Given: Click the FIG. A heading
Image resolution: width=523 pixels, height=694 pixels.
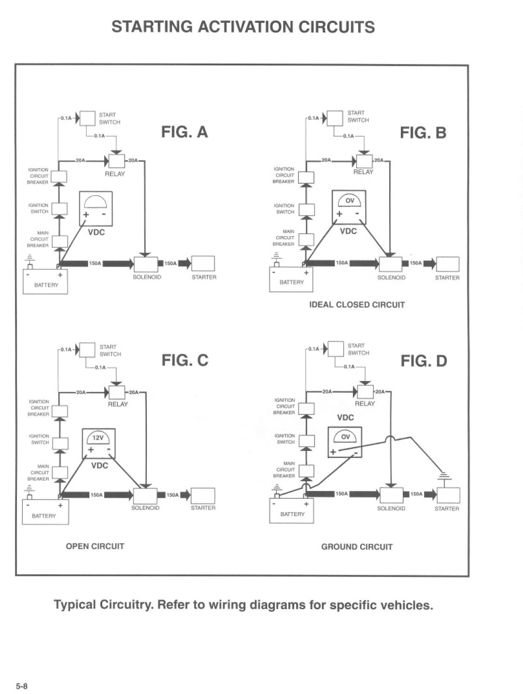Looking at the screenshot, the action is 185,132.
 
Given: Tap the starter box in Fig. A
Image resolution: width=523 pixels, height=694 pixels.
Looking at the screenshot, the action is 203,263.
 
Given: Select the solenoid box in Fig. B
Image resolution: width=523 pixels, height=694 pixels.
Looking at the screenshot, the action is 391,264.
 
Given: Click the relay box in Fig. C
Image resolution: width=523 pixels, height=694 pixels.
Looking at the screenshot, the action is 117,393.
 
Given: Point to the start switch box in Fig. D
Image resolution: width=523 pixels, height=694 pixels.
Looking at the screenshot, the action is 336,349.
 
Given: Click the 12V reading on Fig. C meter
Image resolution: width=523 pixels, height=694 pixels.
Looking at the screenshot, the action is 98,438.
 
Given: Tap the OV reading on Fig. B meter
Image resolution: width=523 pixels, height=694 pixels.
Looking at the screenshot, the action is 350,201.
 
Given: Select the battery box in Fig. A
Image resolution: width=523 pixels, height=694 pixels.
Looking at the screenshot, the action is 45,282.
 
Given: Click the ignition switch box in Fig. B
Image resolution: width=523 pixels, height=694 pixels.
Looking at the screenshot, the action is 306,210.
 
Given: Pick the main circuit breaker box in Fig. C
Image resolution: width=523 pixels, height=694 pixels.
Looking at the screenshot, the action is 60,473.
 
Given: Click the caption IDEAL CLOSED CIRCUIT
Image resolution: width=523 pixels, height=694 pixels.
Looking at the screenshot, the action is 357,305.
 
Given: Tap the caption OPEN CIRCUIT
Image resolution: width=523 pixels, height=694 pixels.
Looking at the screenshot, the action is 95,546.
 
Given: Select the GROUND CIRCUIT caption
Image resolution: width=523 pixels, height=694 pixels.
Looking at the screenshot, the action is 357,547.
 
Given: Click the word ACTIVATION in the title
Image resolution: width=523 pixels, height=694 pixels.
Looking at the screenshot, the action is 245,27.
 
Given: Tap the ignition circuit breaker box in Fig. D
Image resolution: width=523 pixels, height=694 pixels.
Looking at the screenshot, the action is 306,409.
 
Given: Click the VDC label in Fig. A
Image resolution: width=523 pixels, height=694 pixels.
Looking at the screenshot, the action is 96,233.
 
